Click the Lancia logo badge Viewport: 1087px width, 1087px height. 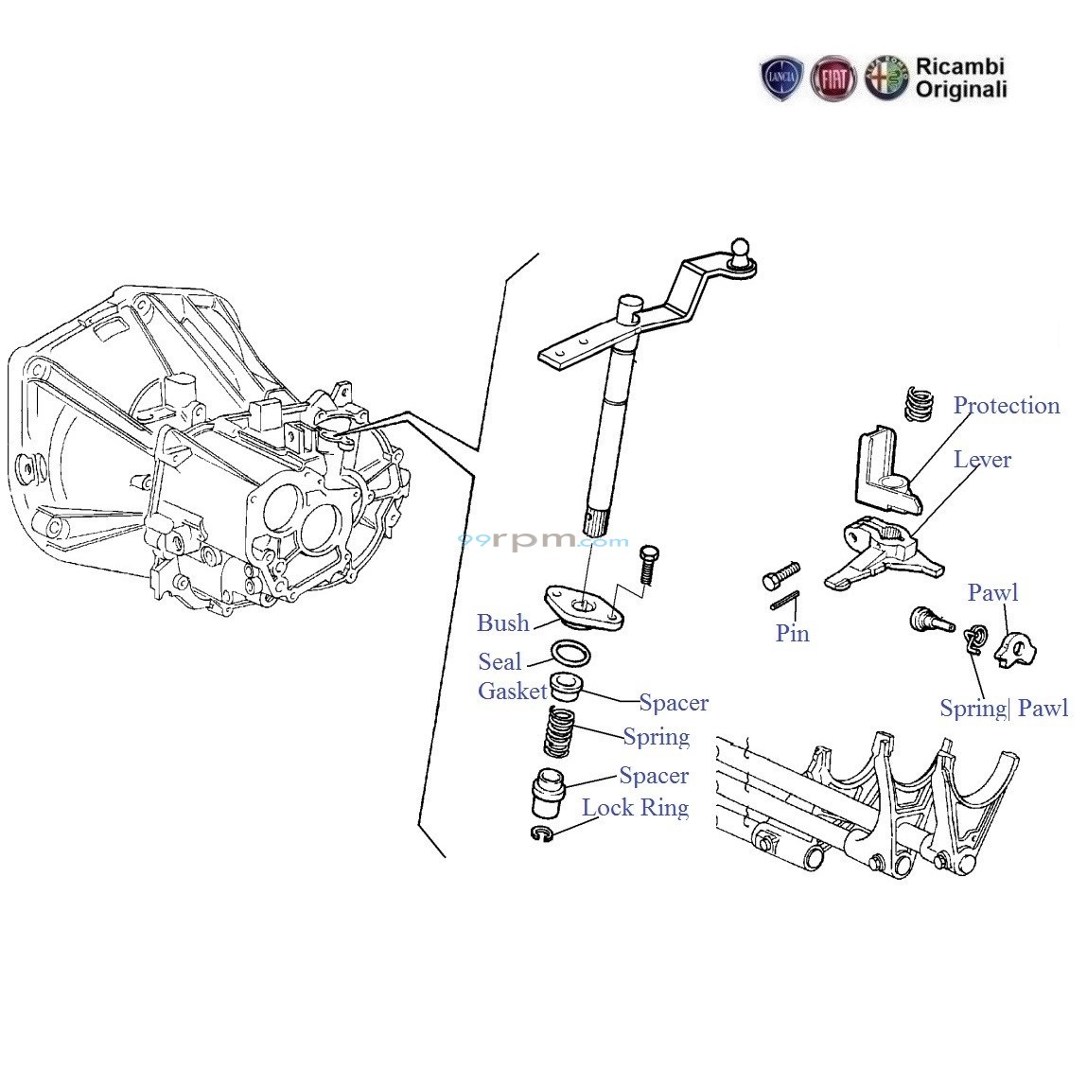point(781,79)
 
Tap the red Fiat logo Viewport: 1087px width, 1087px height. point(833,79)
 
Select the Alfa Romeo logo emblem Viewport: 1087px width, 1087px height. point(885,79)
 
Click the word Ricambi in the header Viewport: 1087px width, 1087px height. point(959,67)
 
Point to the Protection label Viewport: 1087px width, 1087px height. point(1006,406)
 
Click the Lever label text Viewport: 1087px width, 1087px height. point(982,460)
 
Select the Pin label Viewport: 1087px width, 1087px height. point(792,633)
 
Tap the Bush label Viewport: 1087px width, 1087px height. point(502,622)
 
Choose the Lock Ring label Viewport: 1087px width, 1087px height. point(635,807)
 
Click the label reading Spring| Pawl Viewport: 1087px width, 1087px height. point(1003,708)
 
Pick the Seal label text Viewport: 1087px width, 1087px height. point(500,661)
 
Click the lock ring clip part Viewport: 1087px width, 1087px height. point(541,834)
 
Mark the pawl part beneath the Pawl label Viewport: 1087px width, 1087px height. point(1017,650)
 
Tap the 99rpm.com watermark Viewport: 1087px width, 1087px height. point(543,540)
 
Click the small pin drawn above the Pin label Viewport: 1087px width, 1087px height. point(786,602)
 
